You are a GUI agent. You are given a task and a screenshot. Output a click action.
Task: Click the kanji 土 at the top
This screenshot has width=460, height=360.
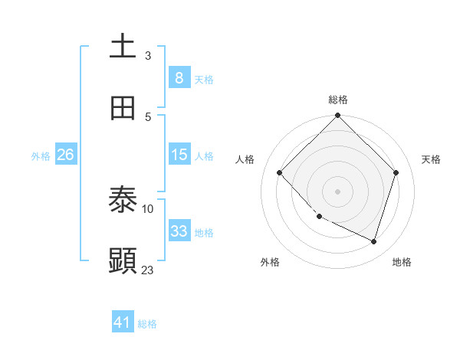tap(123, 47)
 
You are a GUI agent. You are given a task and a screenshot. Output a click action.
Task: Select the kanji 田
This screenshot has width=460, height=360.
tap(123, 108)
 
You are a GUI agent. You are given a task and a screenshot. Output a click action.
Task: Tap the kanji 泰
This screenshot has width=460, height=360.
tap(123, 201)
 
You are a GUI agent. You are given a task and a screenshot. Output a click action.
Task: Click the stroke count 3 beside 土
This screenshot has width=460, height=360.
tap(148, 55)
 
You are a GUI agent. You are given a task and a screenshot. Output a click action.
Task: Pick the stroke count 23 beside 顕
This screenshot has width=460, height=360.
tap(148, 270)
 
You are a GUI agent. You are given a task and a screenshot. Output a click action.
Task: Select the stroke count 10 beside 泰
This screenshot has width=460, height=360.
tap(148, 208)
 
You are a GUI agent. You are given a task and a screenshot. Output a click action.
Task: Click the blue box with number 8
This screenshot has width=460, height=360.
tap(179, 77)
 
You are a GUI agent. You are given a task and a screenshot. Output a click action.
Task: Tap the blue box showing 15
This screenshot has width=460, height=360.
tap(179, 155)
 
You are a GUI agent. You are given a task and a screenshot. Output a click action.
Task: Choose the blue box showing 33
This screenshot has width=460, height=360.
tap(179, 231)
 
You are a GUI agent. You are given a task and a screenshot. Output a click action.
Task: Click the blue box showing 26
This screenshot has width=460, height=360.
tap(65, 155)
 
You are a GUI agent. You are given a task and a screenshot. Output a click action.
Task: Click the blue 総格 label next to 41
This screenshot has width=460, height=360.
tap(147, 324)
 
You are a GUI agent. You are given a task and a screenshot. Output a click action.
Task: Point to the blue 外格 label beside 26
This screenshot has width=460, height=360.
tap(41, 155)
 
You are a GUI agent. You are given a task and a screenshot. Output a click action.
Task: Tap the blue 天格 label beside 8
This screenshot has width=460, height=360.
tap(204, 79)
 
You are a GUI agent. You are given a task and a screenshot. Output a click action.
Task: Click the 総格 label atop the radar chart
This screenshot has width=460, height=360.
tap(338, 100)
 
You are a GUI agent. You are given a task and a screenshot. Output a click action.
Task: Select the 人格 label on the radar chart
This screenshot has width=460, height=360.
tap(245, 159)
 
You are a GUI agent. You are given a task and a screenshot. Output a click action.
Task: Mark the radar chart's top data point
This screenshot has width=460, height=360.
tap(337, 116)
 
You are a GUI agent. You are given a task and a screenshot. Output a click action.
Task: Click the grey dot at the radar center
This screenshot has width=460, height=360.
tap(337, 191)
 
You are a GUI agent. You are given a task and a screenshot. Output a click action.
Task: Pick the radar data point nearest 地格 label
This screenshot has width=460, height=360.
tap(374, 241)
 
